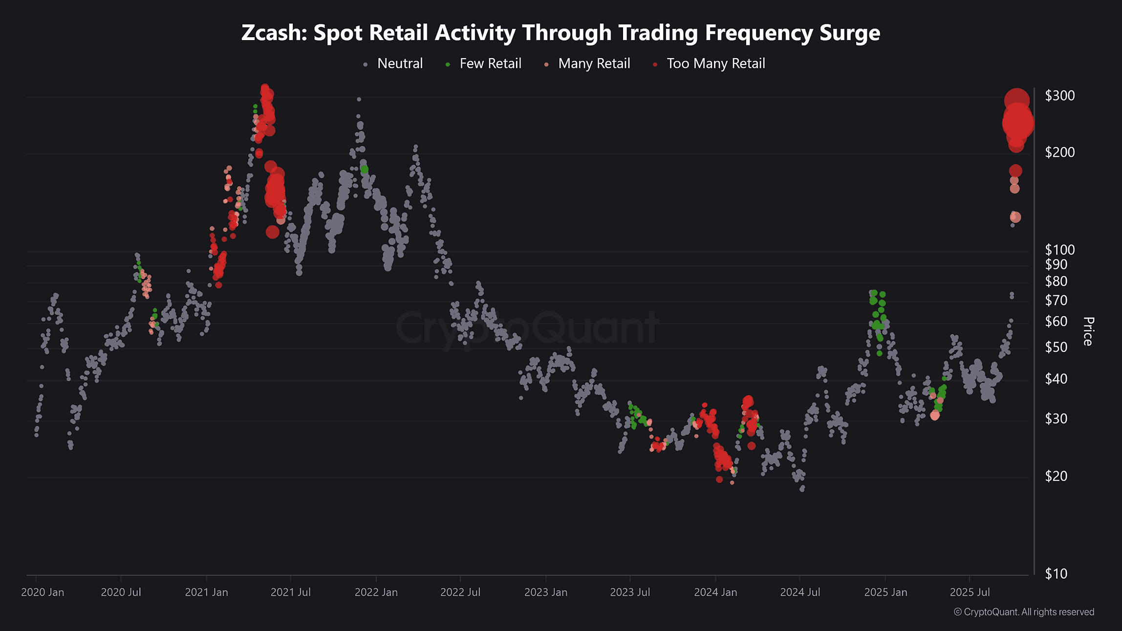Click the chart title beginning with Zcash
click(x=561, y=33)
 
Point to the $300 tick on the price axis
click(x=1059, y=96)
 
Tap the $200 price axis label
click(x=1059, y=152)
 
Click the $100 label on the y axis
click(x=1059, y=250)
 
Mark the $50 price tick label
click(x=1056, y=348)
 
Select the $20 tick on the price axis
click(x=1056, y=476)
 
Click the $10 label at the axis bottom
click(x=1056, y=574)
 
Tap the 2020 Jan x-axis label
click(x=43, y=592)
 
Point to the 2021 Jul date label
click(x=290, y=592)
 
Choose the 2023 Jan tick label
click(x=546, y=592)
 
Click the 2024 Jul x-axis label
click(x=800, y=592)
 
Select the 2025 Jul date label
click(x=970, y=592)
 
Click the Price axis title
click(x=1088, y=331)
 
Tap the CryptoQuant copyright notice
click(x=1024, y=612)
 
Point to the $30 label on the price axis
click(x=1056, y=419)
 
